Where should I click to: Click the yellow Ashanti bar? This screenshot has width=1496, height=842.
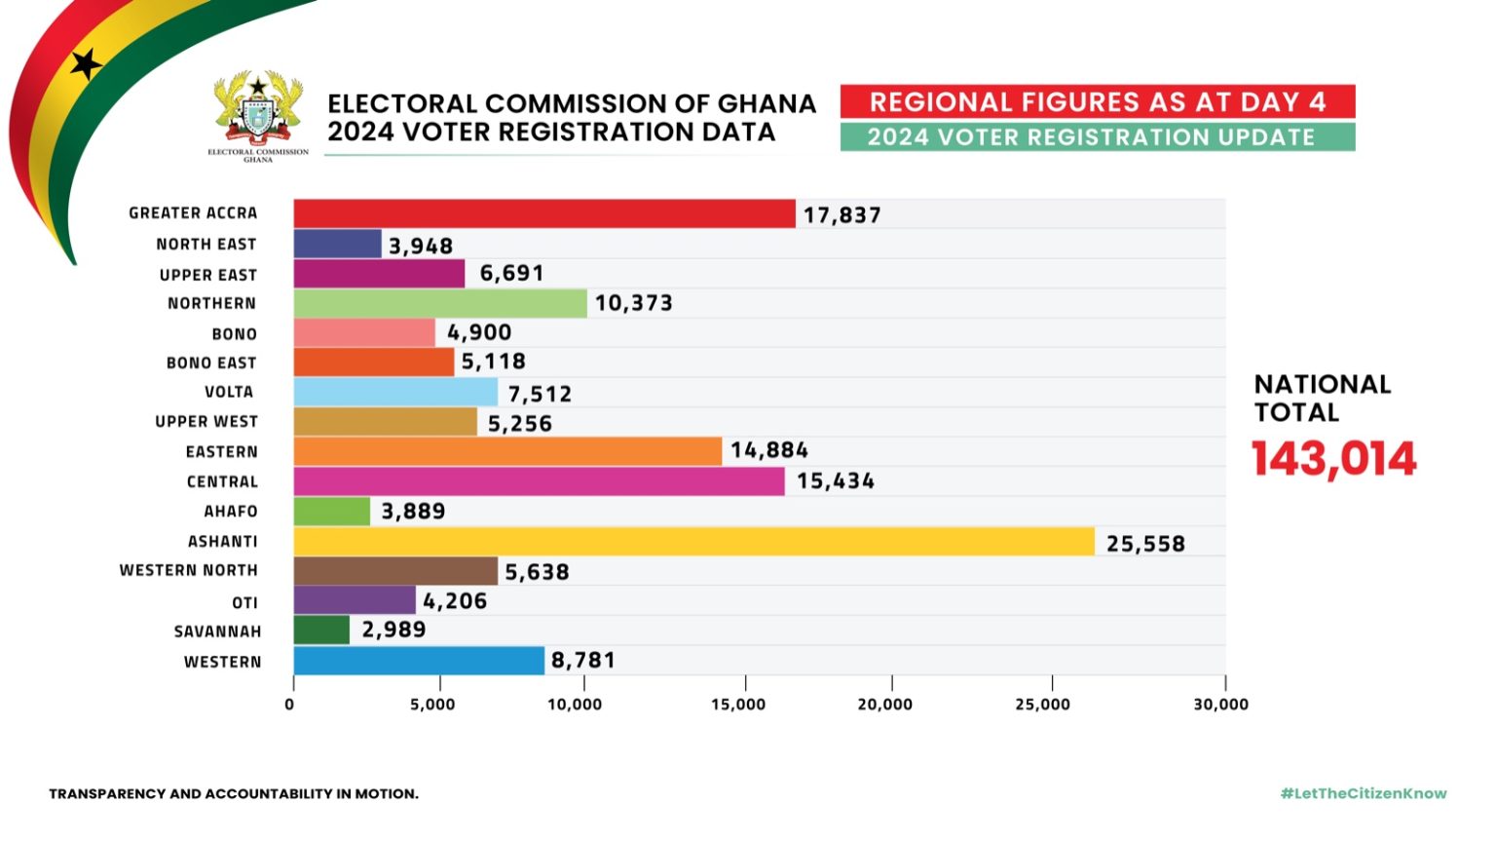click(693, 542)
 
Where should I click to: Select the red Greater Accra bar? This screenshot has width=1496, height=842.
click(543, 214)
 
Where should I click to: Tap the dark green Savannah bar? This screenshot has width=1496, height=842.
click(321, 631)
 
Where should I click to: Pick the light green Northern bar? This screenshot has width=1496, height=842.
click(440, 303)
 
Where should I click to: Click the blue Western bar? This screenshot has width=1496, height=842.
click(419, 661)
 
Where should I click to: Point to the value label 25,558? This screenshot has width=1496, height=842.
click(1145, 544)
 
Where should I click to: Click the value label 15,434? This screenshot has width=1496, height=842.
click(836, 481)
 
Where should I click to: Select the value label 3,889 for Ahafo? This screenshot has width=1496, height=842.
click(413, 512)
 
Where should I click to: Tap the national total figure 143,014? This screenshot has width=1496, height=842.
click(1333, 459)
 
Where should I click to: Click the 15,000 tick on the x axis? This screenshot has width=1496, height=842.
click(738, 705)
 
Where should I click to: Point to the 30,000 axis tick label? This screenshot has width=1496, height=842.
click(1220, 705)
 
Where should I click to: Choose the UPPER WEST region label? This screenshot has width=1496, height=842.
click(206, 422)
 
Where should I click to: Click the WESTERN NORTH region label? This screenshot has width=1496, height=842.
click(189, 570)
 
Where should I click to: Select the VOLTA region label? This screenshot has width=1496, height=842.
click(229, 392)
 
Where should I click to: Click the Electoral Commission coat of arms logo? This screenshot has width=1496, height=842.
click(258, 115)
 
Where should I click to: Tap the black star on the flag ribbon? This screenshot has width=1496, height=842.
click(86, 64)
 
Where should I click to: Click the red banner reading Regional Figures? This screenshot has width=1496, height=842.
click(1098, 101)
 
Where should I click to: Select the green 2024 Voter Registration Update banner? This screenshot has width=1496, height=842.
click(1098, 136)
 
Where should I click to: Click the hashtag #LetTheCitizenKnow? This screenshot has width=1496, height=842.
click(1364, 793)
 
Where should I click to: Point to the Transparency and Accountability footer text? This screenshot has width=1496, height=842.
click(234, 793)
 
